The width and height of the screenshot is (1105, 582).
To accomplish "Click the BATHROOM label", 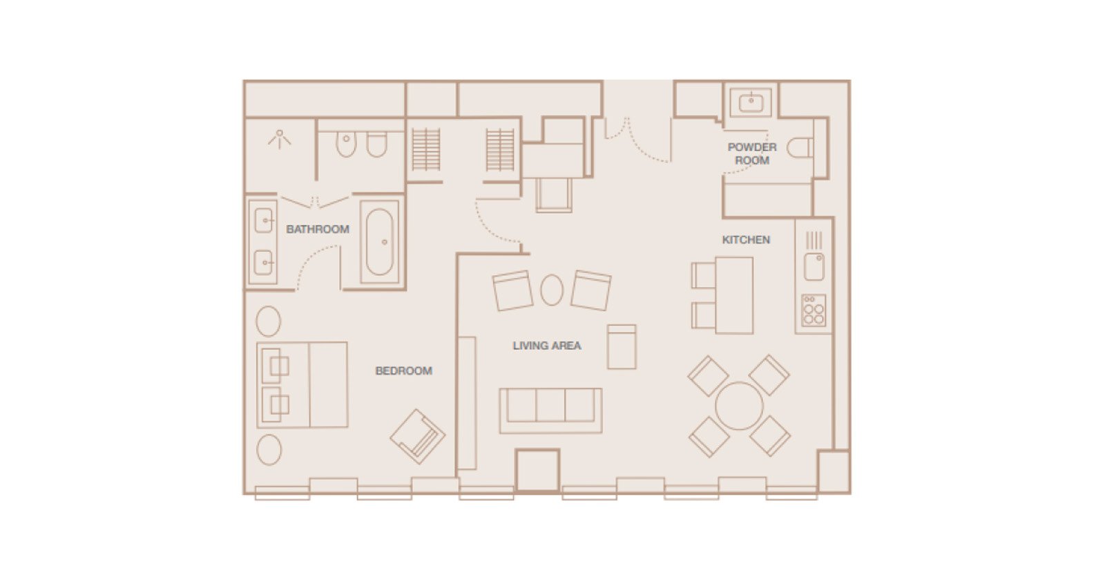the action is pos(318,229).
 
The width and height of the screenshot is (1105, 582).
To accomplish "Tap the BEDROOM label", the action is pos(403,370).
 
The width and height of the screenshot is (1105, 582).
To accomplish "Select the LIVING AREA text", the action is pos(547,346).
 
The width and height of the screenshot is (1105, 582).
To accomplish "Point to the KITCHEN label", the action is pos(746,240).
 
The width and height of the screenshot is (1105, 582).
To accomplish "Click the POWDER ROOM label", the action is pos(752,153).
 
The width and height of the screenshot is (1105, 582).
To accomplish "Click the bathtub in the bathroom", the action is pos(380,242).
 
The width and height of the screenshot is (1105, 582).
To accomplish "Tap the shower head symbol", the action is pos(279,139).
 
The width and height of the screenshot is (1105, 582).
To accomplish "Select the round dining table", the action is pos(739,406).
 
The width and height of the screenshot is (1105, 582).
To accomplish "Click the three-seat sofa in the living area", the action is pos(550,411).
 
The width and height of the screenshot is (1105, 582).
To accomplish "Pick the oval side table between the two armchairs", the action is pos(552,290).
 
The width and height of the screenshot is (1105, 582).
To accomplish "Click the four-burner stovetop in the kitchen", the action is pos(814,310).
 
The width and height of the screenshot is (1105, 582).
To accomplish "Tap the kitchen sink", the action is pos(814,267).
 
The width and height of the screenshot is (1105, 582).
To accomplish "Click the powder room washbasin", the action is pos(751,103).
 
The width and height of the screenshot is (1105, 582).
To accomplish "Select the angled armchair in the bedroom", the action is pos(417,436).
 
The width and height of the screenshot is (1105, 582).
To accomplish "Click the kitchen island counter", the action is pos(734,295).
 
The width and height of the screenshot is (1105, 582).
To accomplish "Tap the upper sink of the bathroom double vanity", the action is pos(263,220).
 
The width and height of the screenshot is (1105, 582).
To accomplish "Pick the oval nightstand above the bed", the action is pos(269,321).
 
